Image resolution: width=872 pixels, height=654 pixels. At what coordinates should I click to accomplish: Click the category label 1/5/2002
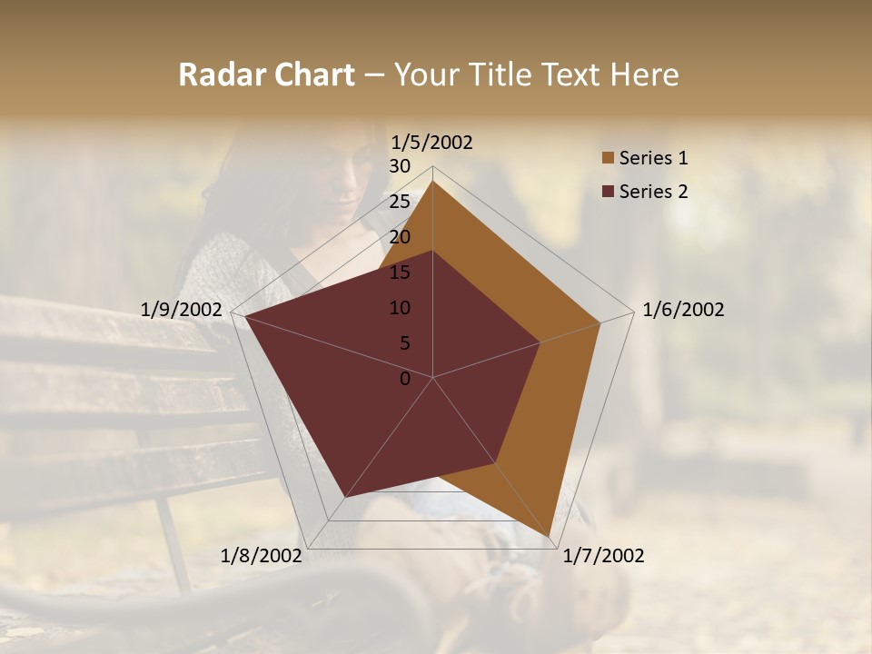[x=432, y=143]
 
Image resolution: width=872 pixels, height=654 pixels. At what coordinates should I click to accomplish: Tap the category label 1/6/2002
[x=683, y=310]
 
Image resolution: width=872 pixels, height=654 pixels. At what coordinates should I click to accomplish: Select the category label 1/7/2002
[x=603, y=556]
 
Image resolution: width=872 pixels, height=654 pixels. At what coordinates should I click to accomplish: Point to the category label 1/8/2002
[x=262, y=556]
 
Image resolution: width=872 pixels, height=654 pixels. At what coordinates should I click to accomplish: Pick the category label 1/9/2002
[x=182, y=310]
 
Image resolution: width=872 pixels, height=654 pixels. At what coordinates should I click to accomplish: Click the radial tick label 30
[x=400, y=166]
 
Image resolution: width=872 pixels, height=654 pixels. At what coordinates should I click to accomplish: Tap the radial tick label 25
[x=400, y=202]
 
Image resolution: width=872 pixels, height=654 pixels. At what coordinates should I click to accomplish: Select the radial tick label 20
[x=400, y=237]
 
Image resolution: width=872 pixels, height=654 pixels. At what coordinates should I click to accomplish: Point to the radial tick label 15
[x=400, y=272]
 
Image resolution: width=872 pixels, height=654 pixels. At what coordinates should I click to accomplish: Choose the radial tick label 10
[x=400, y=308]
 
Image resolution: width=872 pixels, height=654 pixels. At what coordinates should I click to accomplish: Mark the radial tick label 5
[x=404, y=343]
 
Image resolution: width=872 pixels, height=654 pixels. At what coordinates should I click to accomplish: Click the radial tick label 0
[x=405, y=379]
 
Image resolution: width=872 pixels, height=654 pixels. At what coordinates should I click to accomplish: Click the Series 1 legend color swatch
[x=608, y=159]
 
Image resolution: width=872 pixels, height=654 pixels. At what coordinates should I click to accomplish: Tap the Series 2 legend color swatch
[x=608, y=192]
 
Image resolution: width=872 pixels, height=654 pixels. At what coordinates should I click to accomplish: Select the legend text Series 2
[x=653, y=192]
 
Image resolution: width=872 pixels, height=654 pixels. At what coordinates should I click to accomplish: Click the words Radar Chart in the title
[x=266, y=74]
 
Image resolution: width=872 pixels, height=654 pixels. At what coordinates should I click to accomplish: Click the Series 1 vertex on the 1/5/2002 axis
[x=432, y=182]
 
